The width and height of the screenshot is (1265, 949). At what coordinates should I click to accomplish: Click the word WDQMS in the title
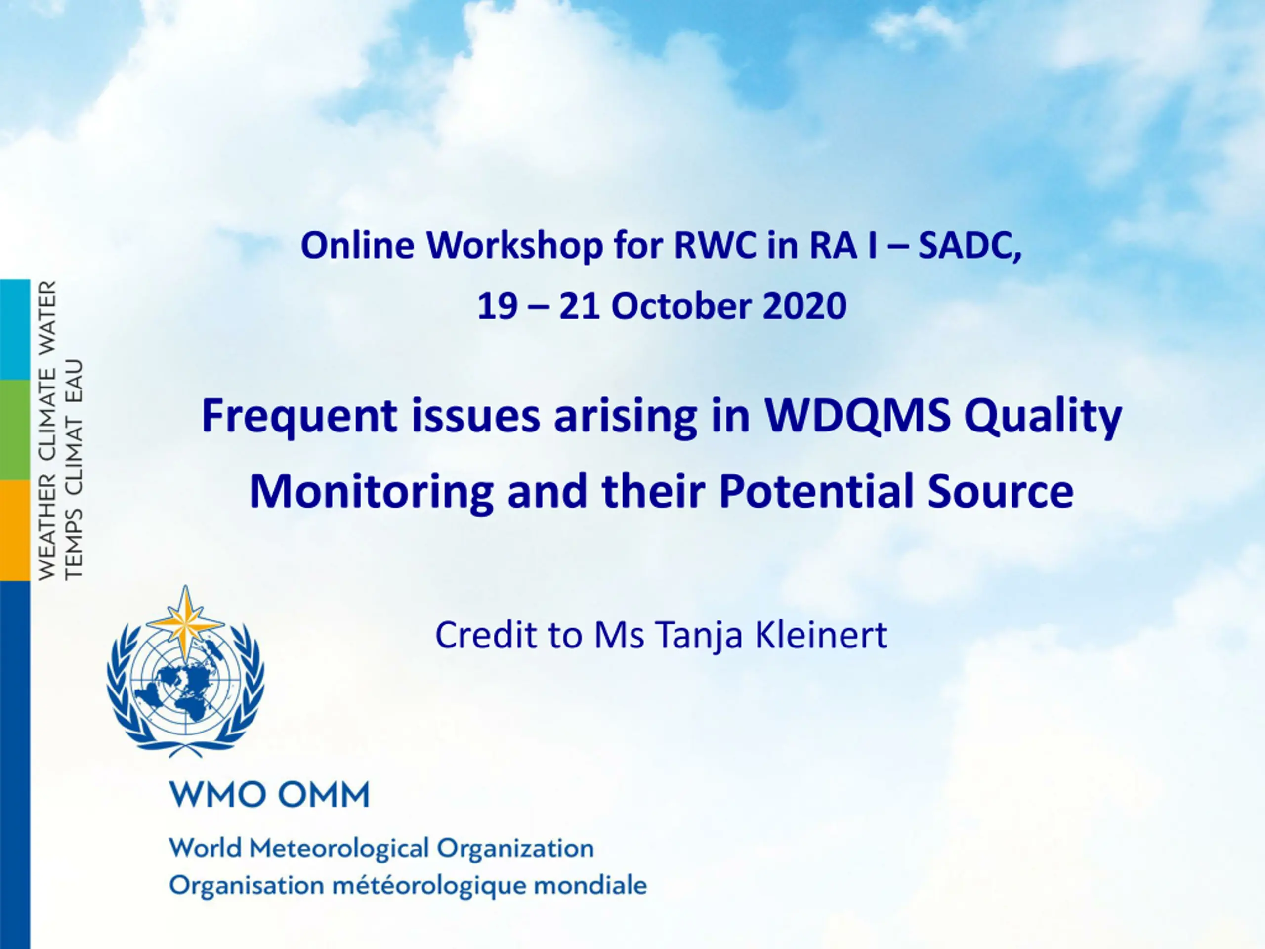pos(858,415)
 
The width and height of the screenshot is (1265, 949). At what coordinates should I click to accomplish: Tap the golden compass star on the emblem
pos(185,624)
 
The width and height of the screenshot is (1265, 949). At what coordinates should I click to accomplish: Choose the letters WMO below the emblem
pos(211,795)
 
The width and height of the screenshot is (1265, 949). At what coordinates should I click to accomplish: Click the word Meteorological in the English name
pos(339,848)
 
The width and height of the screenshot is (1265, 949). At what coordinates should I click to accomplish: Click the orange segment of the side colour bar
pos(15,530)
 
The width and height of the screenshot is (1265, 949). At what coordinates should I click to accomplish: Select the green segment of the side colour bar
pos(15,430)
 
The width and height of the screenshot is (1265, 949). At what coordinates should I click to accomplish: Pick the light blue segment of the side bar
pos(15,330)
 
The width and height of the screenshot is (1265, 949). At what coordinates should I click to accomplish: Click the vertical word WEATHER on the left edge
pos(47,527)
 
